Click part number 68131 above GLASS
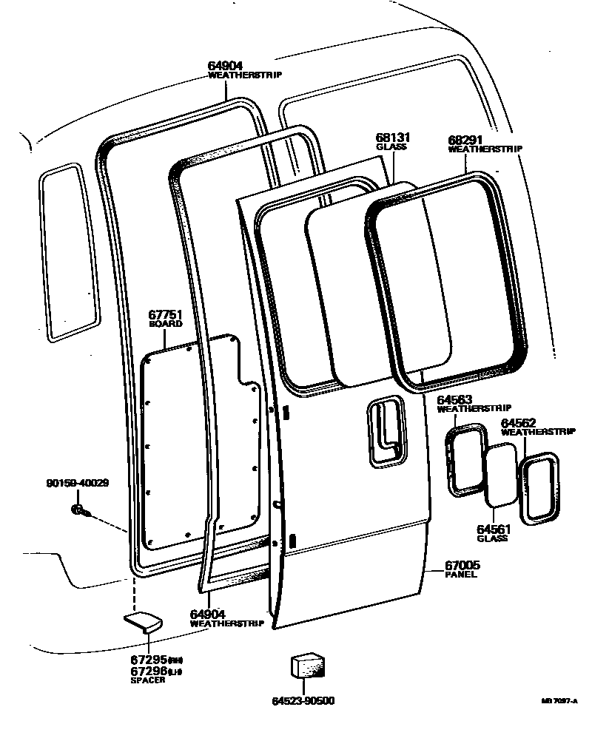(393, 138)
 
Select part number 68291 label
(466, 140)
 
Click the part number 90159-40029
(77, 484)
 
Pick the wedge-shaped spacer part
(142, 620)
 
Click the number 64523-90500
(309, 700)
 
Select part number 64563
(454, 400)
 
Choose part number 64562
(519, 423)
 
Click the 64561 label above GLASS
(492, 529)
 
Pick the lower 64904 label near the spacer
(209, 614)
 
